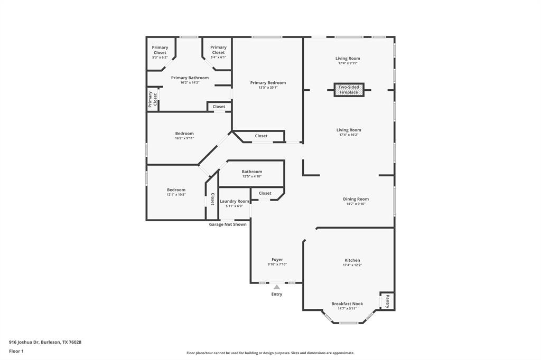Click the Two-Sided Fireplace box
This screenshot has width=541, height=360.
coord(349,90)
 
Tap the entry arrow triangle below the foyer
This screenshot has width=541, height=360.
coord(276,287)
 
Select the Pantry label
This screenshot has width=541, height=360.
coord(387,301)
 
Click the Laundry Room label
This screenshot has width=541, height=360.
coord(234,201)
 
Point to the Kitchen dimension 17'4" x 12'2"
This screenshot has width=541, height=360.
coord(352,265)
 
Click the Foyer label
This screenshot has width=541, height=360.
coord(277,260)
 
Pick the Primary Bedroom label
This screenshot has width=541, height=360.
coord(268,82)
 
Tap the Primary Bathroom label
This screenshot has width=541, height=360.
coord(190,78)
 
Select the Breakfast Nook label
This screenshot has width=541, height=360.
coord(347,304)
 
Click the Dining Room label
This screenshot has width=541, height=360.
coord(356,199)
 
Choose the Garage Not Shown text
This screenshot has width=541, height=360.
coord(228,224)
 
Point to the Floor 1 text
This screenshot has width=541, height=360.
coord(16,350)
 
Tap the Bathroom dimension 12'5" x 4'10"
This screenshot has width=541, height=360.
coord(252,176)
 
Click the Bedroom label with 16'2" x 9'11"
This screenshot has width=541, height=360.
coord(184,134)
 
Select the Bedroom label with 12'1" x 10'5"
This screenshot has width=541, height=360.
coord(176,190)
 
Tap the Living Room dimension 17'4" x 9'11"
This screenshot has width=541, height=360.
coord(348,63)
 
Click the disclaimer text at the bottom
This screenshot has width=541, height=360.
coord(270,353)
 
